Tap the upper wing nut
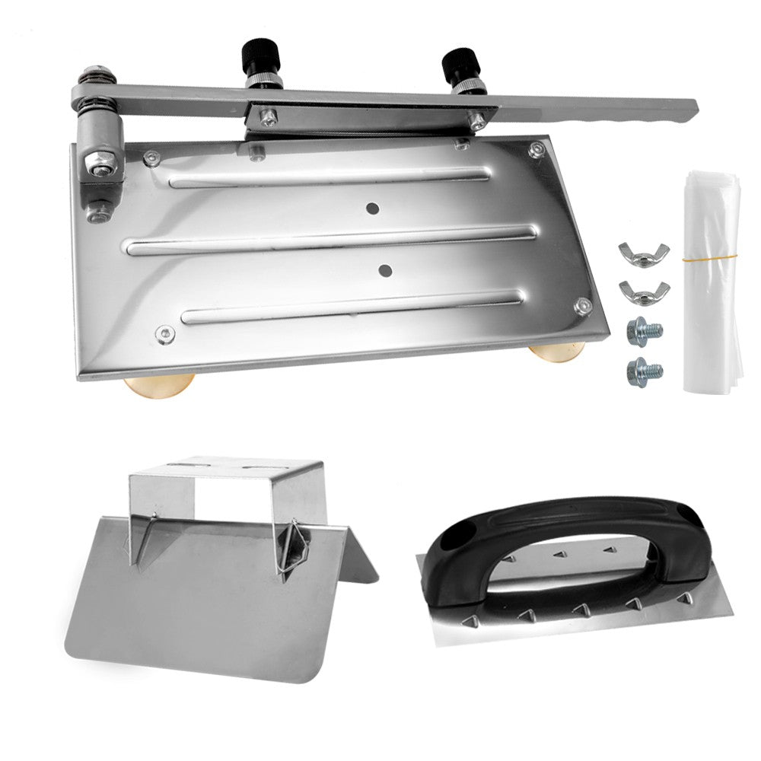click(643, 254)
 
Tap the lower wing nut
click(642, 290)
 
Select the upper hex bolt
click(643, 332)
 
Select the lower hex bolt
click(643, 371)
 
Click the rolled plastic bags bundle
click(711, 282)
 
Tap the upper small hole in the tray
click(372, 208)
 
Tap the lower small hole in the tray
click(385, 269)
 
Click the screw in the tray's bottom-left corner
click(164, 333)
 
